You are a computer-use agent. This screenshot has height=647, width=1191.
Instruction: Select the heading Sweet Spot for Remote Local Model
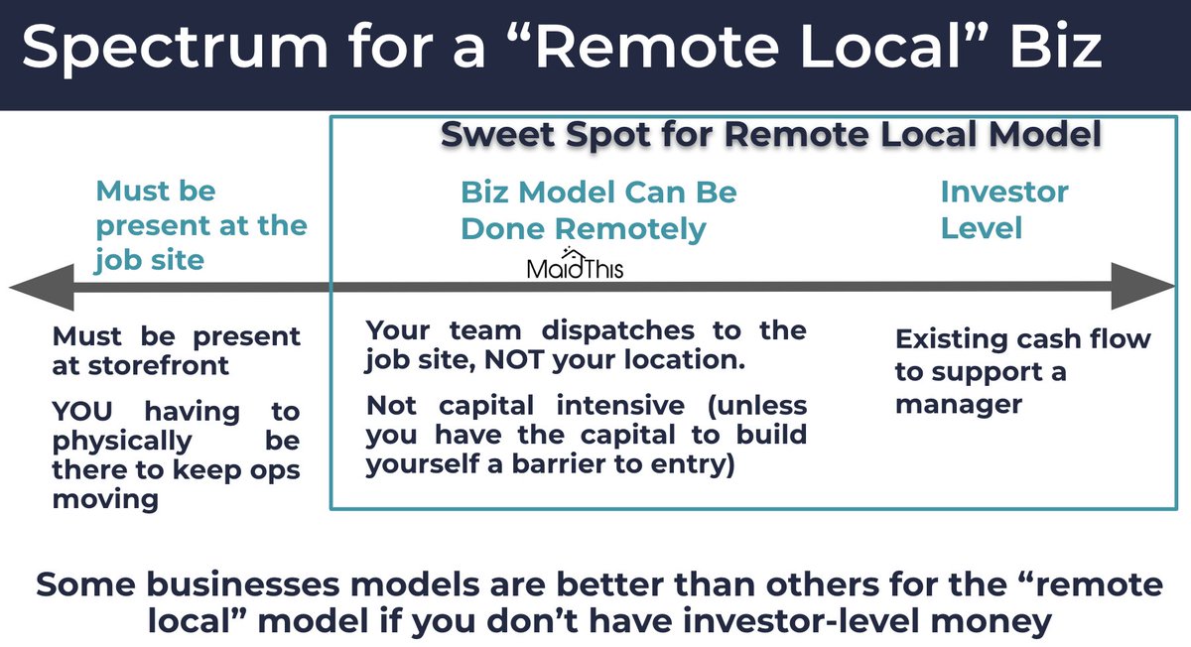point(771,136)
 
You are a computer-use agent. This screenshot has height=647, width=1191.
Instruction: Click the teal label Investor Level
point(1003,209)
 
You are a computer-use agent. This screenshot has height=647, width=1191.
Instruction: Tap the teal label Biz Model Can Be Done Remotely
point(597,209)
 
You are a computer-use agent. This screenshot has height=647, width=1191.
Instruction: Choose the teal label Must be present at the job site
point(200,225)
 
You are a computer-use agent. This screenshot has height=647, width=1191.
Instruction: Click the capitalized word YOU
point(89,411)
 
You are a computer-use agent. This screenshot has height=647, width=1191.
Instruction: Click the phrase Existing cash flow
point(1022,339)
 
